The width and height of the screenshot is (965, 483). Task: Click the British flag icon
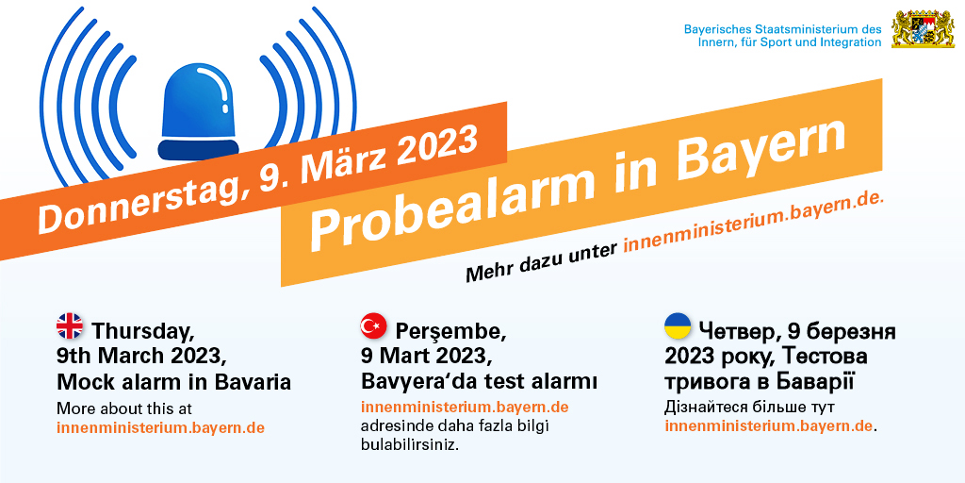pos(70,325)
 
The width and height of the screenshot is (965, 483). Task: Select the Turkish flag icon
pos(373,325)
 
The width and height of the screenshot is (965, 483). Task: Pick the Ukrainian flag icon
pos(678,325)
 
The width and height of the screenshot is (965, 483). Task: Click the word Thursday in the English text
pos(143,331)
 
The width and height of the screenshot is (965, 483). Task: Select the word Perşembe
pos(451,332)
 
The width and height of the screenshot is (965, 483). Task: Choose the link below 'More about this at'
pos(160,427)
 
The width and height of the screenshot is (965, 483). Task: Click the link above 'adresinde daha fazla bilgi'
pos(465,408)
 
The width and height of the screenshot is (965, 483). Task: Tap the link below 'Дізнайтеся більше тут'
pos(769,426)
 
